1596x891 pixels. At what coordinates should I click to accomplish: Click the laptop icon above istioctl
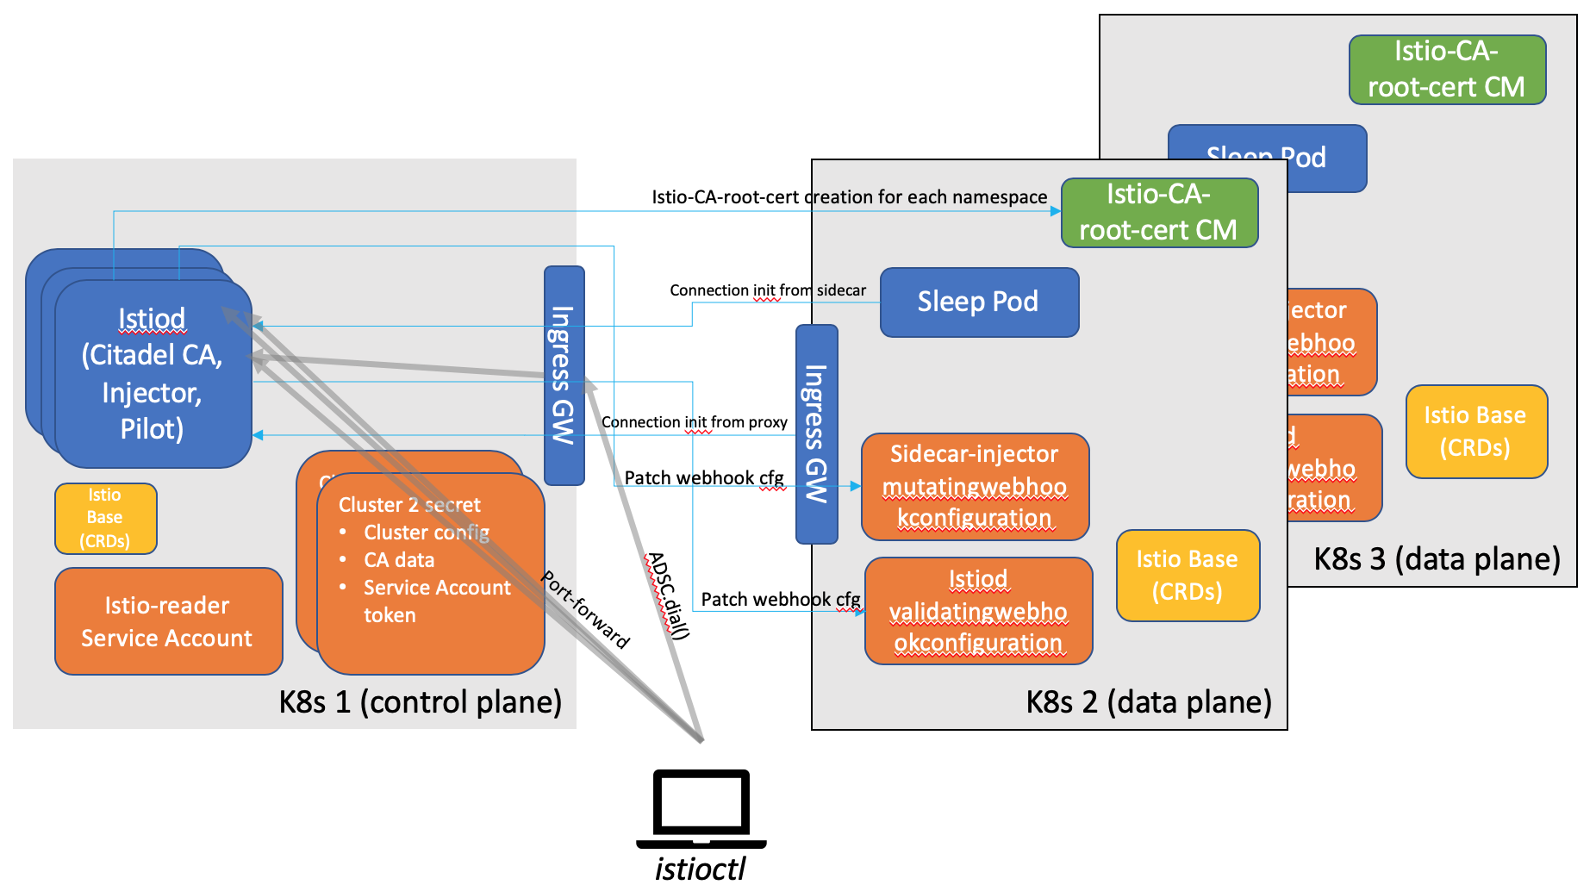(x=701, y=807)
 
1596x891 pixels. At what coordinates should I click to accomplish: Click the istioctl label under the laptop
(x=700, y=869)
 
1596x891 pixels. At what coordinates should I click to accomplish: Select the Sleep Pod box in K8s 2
(x=979, y=302)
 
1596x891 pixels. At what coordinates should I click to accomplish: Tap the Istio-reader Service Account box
(x=168, y=621)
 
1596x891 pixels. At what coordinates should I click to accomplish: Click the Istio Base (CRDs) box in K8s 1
(x=105, y=518)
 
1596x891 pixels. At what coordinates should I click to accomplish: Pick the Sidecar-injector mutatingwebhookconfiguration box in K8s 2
(x=975, y=487)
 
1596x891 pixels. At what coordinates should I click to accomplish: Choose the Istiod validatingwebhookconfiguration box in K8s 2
(x=978, y=611)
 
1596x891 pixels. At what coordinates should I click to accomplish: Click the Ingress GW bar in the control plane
(x=564, y=375)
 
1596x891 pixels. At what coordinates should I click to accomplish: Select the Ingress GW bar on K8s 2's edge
(x=816, y=433)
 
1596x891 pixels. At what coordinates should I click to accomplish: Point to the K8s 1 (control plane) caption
(x=420, y=701)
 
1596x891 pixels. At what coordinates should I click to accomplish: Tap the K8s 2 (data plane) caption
(x=1148, y=701)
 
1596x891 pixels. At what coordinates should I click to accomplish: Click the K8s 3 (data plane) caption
(x=1437, y=559)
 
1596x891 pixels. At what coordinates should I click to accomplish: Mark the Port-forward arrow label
(x=586, y=609)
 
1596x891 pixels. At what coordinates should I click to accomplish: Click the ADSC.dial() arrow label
(x=670, y=595)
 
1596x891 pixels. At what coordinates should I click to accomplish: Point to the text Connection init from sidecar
(x=767, y=290)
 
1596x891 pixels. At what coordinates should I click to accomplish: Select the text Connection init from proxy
(x=694, y=422)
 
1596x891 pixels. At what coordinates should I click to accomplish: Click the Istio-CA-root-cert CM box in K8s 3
(x=1446, y=70)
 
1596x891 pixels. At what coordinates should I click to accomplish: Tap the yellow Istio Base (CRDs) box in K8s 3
(x=1475, y=432)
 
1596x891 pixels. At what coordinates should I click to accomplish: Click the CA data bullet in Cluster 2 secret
(x=399, y=560)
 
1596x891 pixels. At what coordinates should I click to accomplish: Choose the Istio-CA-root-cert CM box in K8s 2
(x=1158, y=213)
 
